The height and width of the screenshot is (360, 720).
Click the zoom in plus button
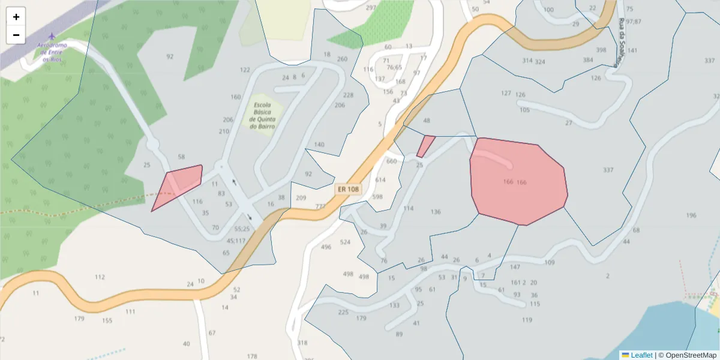[16, 17]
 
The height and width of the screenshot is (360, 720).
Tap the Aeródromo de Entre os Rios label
[52, 52]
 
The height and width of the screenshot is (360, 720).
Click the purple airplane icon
[52, 37]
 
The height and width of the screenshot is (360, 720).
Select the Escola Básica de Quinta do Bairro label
[262, 115]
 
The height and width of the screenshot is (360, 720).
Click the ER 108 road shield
[348, 189]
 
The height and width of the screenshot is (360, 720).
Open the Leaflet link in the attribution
[641, 355]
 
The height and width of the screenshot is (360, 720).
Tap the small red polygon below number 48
[425, 145]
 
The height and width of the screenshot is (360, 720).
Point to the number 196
[691, 215]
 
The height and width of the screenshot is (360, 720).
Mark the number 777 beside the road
[321, 206]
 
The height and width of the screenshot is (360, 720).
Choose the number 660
[392, 161]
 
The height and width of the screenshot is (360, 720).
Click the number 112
[100, 277]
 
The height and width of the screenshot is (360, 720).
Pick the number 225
[343, 312]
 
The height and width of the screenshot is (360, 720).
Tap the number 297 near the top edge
[371, 8]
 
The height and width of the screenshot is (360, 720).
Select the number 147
[515, 267]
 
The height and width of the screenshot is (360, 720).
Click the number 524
[345, 242]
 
